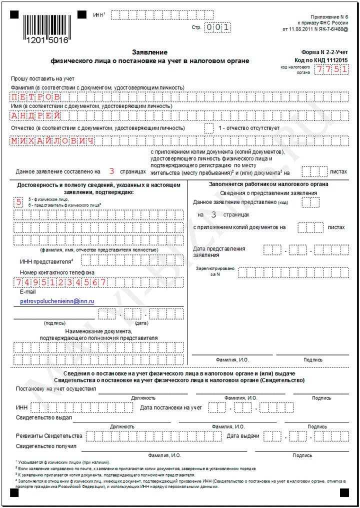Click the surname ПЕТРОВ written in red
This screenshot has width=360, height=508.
(x=36, y=96)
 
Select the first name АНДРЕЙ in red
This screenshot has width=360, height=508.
(x=36, y=115)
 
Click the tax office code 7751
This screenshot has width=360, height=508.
(x=330, y=69)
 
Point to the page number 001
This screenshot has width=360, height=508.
(x=218, y=27)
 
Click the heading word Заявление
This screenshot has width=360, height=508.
(x=149, y=52)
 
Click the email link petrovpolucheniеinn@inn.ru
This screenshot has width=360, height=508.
(x=57, y=301)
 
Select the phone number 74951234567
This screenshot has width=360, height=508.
(x=60, y=282)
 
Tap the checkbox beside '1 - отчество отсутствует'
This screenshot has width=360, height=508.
(x=209, y=128)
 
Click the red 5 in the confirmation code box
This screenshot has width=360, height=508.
(x=19, y=202)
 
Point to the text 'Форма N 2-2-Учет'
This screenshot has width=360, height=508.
(x=325, y=52)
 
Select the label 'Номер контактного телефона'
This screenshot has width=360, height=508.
(x=57, y=272)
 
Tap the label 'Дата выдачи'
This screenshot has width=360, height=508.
(x=242, y=435)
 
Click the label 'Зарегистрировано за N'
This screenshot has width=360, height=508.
(x=215, y=271)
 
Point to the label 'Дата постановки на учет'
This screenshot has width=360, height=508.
(x=171, y=407)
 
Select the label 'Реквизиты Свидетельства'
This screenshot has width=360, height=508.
(x=49, y=435)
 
